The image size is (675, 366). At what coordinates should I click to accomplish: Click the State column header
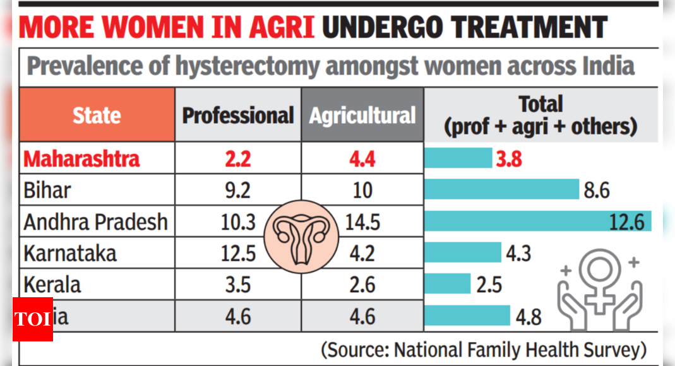pos(97,115)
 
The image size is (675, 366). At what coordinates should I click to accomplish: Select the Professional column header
pos(238,115)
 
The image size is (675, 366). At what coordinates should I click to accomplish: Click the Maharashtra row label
pos(81,158)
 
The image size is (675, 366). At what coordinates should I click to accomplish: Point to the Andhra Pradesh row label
pos(96,222)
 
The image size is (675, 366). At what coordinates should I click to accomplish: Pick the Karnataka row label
pos(70,254)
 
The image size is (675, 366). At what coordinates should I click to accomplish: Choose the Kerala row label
pos(52,285)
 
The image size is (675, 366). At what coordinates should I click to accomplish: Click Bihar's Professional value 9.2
pos(238,190)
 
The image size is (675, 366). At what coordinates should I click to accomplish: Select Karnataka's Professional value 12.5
pos(238,254)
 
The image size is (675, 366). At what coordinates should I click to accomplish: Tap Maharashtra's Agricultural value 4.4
pos(362,158)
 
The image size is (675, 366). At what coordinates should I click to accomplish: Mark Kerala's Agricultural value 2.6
pos(362,285)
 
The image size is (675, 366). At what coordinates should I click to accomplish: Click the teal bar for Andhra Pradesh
pos(537,221)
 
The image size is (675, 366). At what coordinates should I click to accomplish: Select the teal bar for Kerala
pos(448,284)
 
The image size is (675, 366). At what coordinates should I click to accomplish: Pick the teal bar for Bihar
pos(501,189)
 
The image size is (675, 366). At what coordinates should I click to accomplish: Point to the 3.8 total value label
pos(509,159)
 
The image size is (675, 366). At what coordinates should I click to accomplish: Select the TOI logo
pos(32,319)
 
